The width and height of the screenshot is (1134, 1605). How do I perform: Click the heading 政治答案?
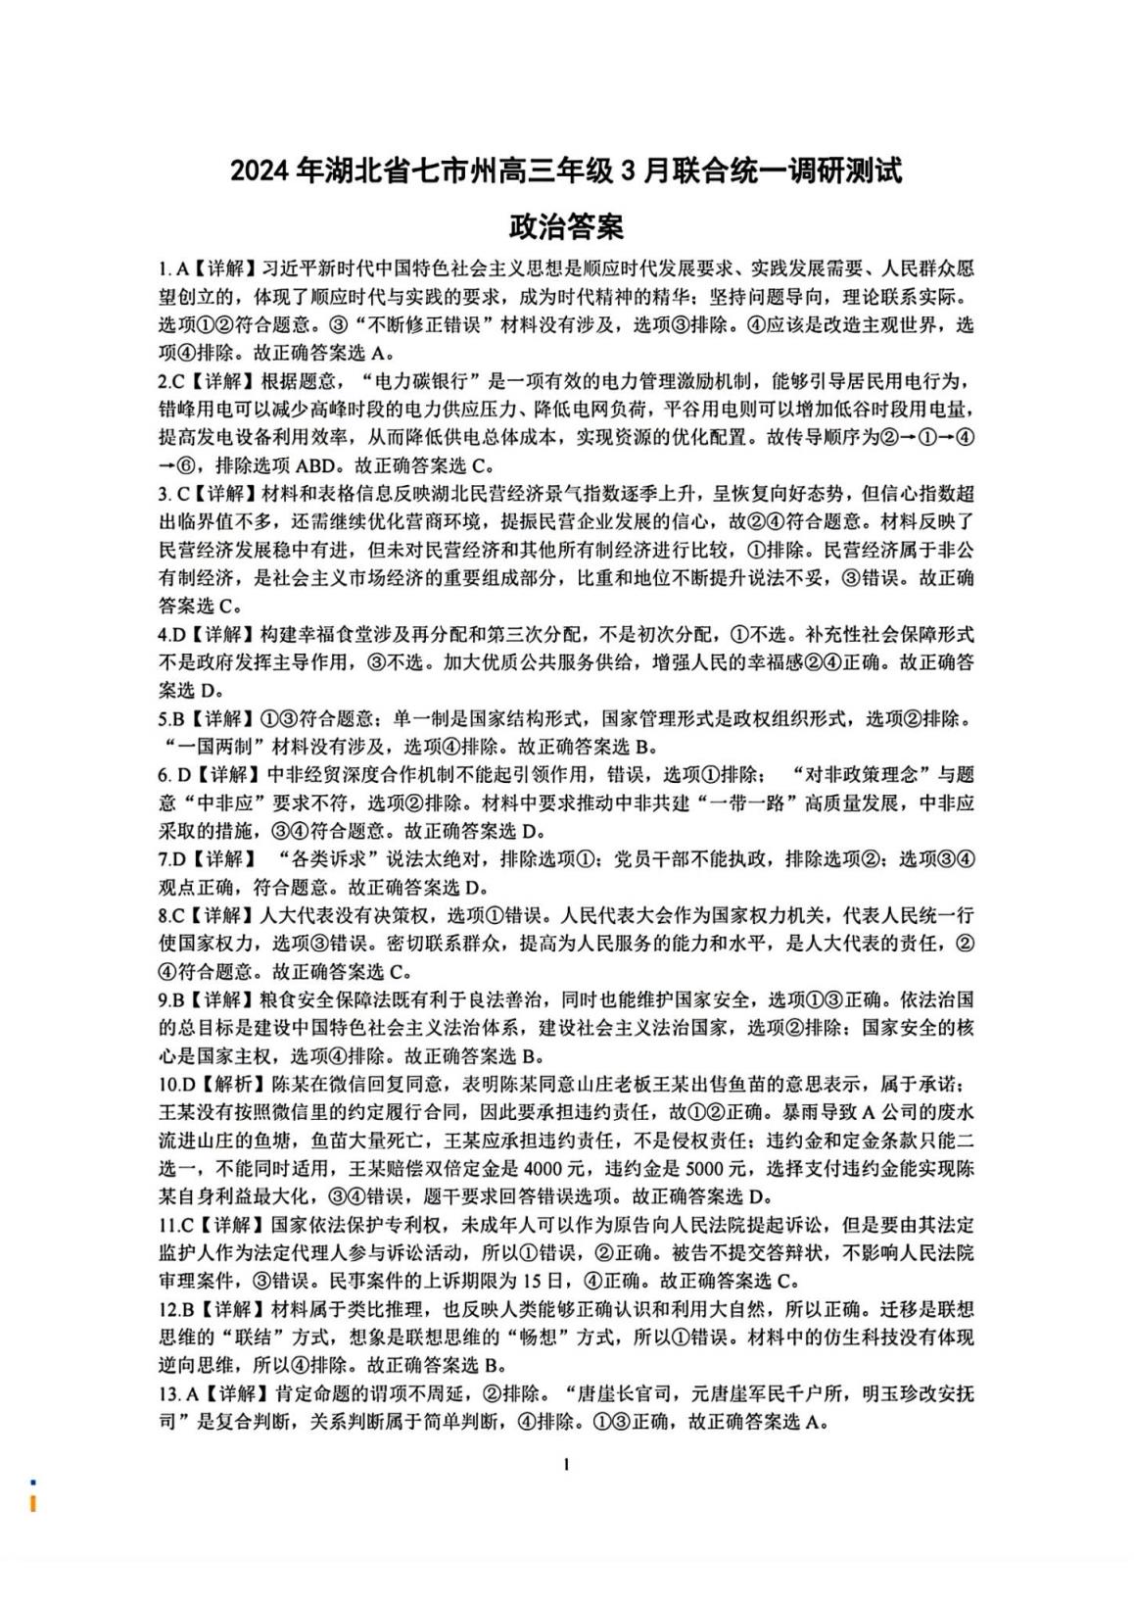[567, 228]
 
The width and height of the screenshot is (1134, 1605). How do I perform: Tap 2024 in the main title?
[261, 171]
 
